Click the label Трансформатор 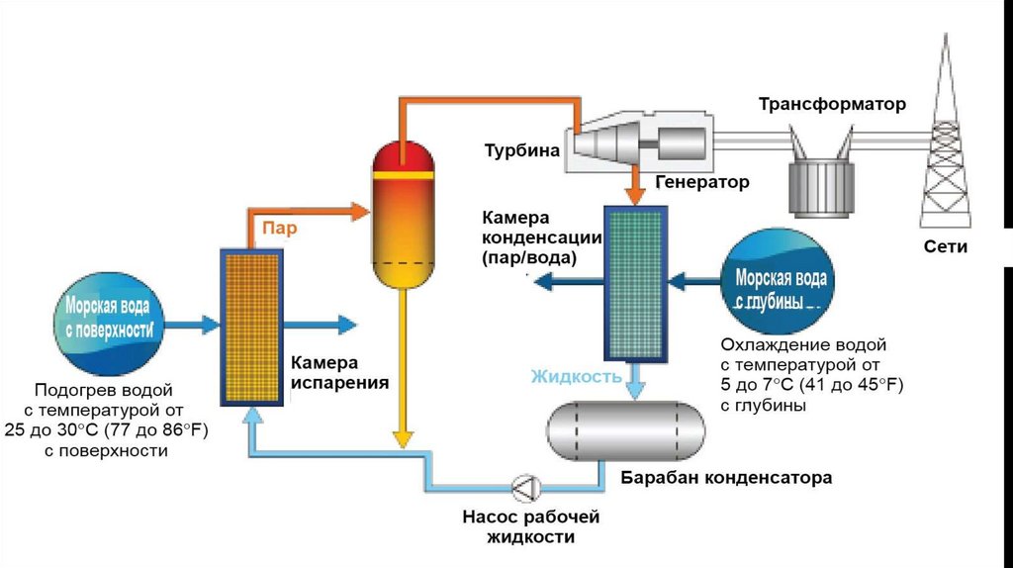832,104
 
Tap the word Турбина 522,151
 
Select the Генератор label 701,182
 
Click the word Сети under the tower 947,247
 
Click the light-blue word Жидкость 577,376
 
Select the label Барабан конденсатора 726,478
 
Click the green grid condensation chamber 635,282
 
